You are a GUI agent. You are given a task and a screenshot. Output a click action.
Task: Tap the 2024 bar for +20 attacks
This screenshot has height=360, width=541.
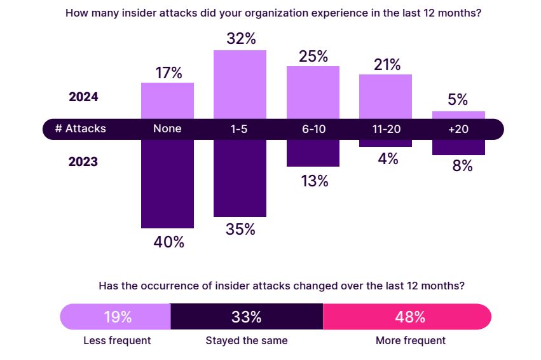coord(458,115)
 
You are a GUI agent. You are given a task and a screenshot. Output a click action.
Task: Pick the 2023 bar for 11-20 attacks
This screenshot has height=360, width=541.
coord(385,143)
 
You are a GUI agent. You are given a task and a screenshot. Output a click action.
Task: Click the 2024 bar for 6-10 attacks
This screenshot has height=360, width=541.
coord(313,92)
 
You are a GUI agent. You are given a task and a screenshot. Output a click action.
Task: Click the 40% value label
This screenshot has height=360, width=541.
coord(168,242)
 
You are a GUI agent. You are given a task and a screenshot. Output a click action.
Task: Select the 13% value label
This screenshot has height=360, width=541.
coord(313,181)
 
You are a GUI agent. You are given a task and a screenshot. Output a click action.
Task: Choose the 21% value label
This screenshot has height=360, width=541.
coord(386,65)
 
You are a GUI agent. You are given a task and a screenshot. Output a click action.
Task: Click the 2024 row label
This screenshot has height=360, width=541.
coord(83,97)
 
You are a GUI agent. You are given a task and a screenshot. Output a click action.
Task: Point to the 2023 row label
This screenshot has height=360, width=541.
coord(83,162)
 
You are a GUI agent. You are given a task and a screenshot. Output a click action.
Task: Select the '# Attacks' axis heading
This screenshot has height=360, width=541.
coord(80,128)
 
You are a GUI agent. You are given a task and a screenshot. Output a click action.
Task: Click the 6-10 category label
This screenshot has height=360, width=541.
coord(313,128)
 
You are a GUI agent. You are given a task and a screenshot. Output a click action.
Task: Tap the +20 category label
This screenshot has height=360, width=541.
coord(458,128)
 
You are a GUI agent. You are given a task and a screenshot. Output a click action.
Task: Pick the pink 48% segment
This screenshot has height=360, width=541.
coord(407,317)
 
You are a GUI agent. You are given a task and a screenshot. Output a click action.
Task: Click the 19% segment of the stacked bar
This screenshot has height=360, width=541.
coord(116,317)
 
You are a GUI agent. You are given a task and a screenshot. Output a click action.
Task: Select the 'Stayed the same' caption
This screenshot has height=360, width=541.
coord(247,340)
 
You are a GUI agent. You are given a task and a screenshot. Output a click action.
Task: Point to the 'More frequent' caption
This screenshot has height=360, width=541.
coord(411,340)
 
